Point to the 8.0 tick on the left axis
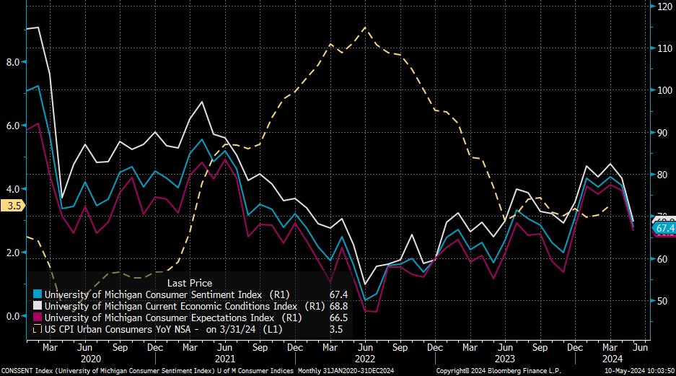coord(12,62)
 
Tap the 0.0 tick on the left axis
coord(12,316)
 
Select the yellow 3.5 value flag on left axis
coord(12,206)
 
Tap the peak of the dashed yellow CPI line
coord(364,27)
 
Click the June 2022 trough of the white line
coord(365,284)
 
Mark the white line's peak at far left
coord(37,27)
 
